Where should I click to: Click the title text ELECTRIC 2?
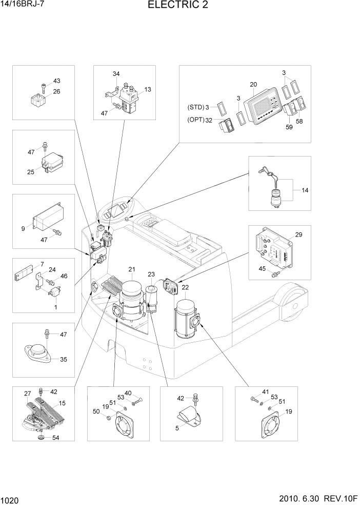178,6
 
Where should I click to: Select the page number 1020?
11,499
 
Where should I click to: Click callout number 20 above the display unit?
253,85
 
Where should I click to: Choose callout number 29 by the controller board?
299,235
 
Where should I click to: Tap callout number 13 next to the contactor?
148,89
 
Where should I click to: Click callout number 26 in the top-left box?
56,92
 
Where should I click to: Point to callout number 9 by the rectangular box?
23,228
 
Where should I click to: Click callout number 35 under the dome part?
64,359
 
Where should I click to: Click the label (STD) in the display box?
194,108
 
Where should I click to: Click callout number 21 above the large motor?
132,269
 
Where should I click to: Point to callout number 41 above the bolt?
265,392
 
